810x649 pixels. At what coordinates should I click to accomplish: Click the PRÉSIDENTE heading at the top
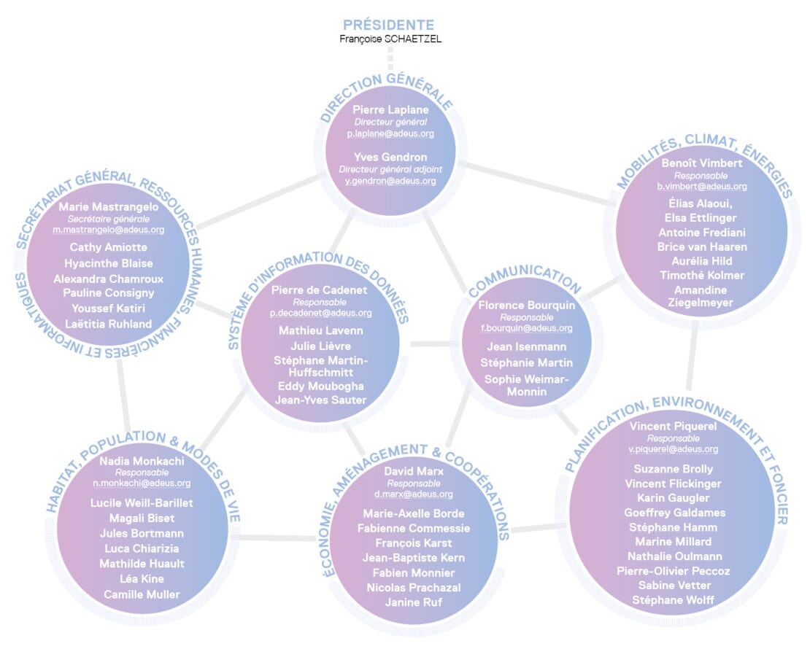389,25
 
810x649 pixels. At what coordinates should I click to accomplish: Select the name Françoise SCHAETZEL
390,39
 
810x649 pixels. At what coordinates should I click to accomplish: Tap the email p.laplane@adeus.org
390,134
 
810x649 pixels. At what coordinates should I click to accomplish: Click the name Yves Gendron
390,157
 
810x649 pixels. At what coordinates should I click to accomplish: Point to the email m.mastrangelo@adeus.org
109,230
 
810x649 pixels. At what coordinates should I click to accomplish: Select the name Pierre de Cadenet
320,289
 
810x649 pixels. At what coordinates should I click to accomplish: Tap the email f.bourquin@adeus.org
526,328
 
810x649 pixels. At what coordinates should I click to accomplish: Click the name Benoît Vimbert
701,163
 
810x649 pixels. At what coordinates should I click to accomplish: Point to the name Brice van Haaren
701,246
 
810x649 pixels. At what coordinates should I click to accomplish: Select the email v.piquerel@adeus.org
673,449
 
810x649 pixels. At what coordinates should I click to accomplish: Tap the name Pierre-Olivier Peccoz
673,571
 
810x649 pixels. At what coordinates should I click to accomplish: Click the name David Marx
414,471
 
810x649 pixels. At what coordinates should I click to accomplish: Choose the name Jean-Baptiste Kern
414,558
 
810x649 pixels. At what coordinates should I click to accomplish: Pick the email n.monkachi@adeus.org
142,483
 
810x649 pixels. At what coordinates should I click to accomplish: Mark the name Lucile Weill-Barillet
142,502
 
